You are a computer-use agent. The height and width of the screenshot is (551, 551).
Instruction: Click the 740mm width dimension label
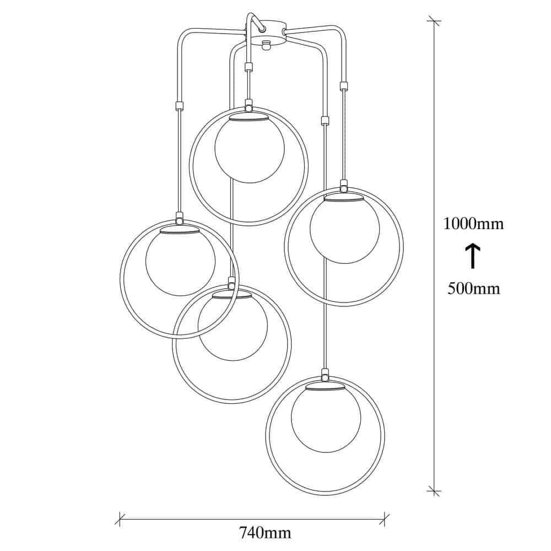[266, 533]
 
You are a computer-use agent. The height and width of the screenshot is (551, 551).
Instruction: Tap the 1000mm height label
[473, 224]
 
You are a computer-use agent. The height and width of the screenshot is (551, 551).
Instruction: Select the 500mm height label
[473, 289]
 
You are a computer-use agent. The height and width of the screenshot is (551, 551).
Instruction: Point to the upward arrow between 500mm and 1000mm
[473, 256]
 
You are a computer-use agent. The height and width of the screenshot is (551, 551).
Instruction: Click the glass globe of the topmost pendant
[249, 149]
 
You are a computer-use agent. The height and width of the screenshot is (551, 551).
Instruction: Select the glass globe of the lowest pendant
[326, 419]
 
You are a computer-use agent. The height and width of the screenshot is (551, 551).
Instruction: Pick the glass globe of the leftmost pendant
[180, 262]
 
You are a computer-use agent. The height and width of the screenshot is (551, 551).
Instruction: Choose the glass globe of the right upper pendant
[344, 229]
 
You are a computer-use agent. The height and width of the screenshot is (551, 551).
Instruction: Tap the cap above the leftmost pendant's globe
[180, 230]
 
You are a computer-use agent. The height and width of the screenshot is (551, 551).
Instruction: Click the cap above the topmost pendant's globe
[249, 117]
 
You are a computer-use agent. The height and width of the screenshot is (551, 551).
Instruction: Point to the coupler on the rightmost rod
[343, 85]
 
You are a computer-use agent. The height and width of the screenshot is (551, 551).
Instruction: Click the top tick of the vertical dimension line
[434, 21]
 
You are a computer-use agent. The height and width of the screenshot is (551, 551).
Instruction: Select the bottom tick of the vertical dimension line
[434, 490]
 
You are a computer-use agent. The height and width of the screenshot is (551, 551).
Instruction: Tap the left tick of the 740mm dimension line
[120, 518]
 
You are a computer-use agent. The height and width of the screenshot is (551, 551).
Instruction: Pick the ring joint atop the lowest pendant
[325, 375]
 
